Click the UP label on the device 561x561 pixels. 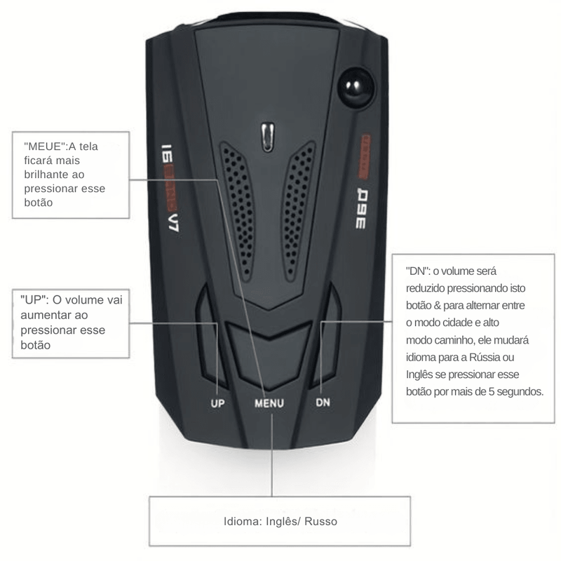[218, 404]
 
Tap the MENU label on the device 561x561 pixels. [269, 404]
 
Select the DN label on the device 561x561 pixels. [322, 403]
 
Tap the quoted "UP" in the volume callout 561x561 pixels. [33, 301]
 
